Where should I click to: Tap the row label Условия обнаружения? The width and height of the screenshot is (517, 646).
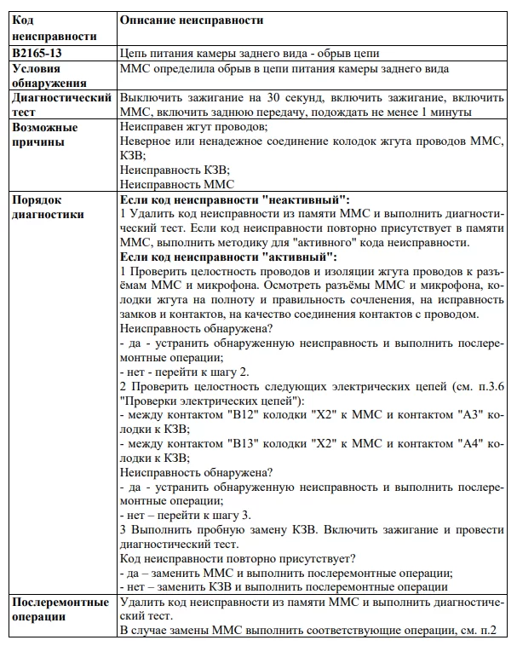tap(49, 76)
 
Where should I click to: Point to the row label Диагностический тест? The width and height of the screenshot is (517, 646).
tap(61, 106)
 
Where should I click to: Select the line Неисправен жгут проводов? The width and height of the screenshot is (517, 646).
tap(194, 126)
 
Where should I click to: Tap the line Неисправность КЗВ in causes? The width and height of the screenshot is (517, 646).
tap(175, 170)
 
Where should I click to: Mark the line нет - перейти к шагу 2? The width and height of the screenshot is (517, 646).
tap(185, 372)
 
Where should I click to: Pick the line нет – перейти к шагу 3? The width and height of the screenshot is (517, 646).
tap(186, 515)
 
